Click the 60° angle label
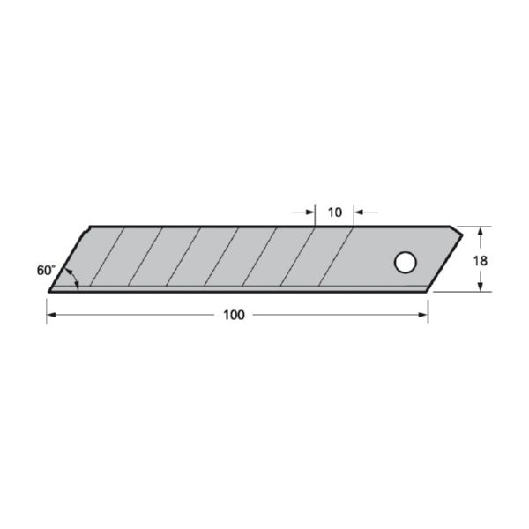pyautogui.click(x=46, y=271)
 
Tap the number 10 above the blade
pyautogui.click(x=334, y=212)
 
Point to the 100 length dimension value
pyautogui.click(x=234, y=316)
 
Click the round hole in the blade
pyautogui.click(x=405, y=262)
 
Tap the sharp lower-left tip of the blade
pyautogui.click(x=50, y=290)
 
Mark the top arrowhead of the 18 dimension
pyautogui.click(x=480, y=231)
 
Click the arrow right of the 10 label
pyautogui.click(x=359, y=212)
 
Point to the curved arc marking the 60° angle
pyautogui.click(x=76, y=278)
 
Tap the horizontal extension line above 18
pyautogui.click(x=472, y=226)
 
